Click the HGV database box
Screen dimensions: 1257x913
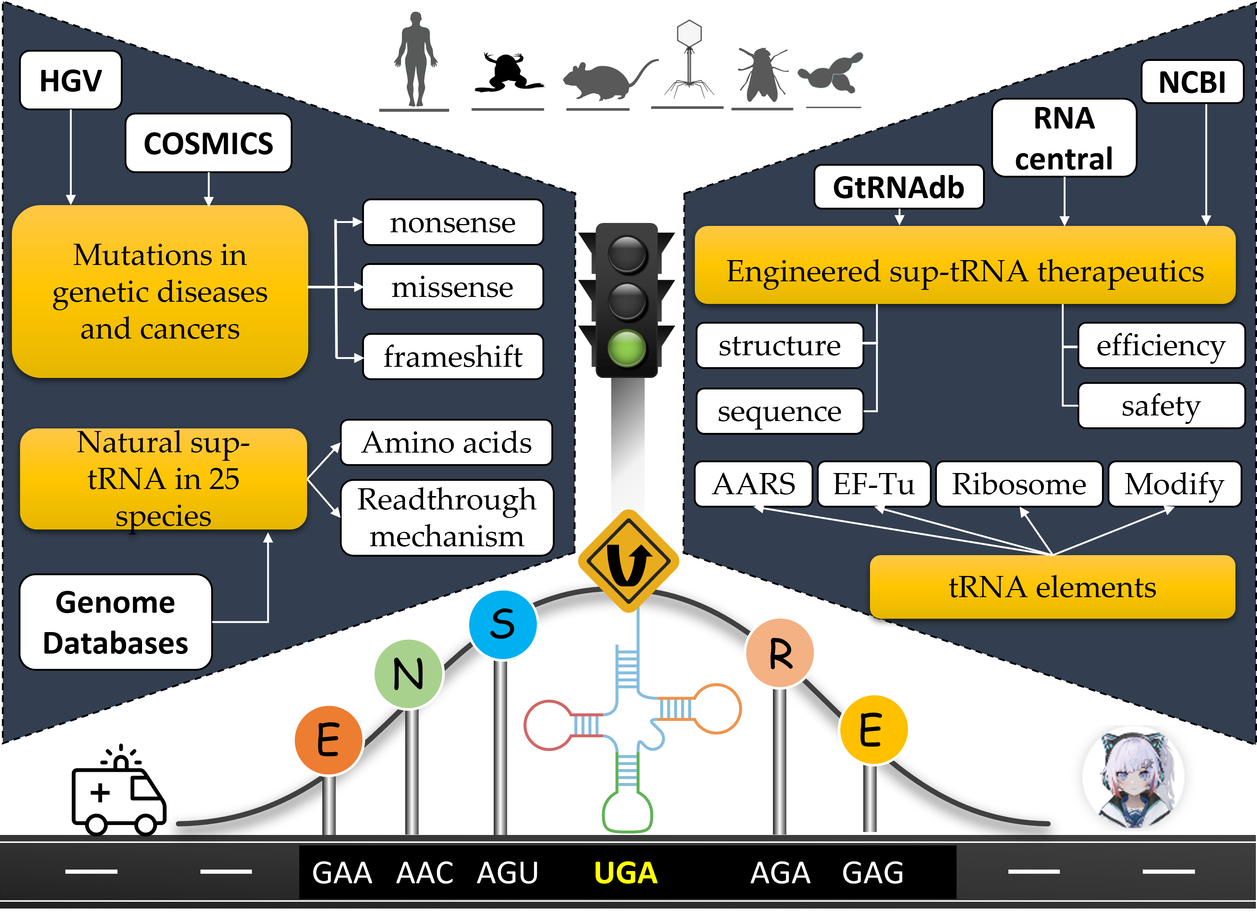pos(71,80)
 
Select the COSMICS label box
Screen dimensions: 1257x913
pos(209,143)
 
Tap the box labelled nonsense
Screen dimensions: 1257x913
pos(453,222)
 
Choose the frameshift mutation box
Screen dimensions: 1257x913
pos(453,356)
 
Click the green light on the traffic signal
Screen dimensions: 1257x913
pos(627,349)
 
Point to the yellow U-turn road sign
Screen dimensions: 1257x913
pos(628,561)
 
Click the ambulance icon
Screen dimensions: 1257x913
pos(119,790)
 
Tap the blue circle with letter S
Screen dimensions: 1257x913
pos(503,624)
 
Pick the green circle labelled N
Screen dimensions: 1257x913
pos(409,674)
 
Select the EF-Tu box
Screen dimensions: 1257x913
pos(874,484)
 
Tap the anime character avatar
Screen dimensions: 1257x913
pos(1134,777)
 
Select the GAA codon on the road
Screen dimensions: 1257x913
pos(342,873)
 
